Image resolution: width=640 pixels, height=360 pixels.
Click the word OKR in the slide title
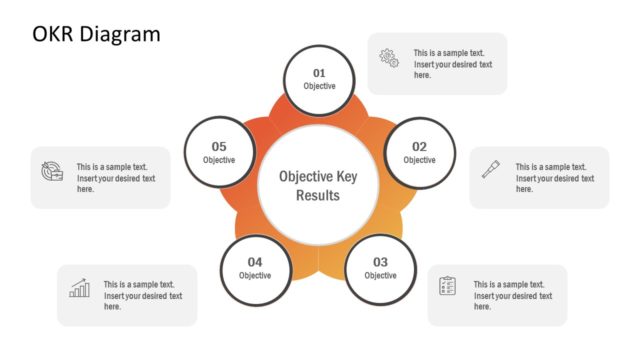pyautogui.click(x=56, y=35)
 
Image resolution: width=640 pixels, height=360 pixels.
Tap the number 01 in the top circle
pyautogui.click(x=319, y=73)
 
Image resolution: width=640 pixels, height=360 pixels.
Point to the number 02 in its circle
pyautogui.click(x=419, y=147)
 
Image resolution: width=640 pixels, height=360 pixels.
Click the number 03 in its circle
pyautogui.click(x=380, y=262)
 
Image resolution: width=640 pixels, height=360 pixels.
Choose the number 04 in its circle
pyautogui.click(x=255, y=262)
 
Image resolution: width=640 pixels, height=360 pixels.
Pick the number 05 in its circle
pyautogui.click(x=219, y=147)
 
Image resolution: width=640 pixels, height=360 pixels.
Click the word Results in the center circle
pyautogui.click(x=318, y=195)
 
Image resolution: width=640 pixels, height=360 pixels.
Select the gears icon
pyautogui.click(x=389, y=59)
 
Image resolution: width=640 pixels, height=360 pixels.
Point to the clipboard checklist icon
pyautogui.click(x=448, y=287)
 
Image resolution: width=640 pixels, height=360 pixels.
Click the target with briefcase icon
pyautogui.click(x=52, y=171)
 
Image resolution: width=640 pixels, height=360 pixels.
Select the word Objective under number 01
pyautogui.click(x=319, y=86)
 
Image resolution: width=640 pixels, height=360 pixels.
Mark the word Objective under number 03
pyautogui.click(x=380, y=275)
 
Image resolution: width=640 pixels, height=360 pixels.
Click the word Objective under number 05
pyautogui.click(x=219, y=160)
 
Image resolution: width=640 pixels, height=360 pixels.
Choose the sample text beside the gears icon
pyautogui.click(x=452, y=64)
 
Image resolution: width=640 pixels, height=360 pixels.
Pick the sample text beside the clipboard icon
pyautogui.click(x=512, y=295)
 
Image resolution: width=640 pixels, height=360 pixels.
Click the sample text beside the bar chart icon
pyautogui.click(x=142, y=295)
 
